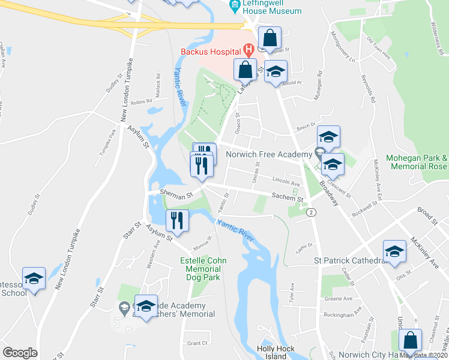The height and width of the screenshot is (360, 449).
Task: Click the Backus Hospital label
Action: pyautogui.click(x=210, y=53)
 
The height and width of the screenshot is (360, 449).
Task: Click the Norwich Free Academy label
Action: pyautogui.click(x=269, y=154)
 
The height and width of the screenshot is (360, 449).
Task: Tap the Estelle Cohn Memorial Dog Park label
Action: pyautogui.click(x=200, y=269)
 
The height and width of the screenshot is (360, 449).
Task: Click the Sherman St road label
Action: pyautogui.click(x=175, y=193)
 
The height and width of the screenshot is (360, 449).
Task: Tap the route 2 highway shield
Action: pyautogui.click(x=311, y=212)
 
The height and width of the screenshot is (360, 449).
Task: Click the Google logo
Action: pyautogui.click(x=20, y=352)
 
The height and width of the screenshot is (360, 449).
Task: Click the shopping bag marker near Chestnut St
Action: pyautogui.click(x=411, y=340)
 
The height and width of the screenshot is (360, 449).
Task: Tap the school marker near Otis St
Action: pyautogui.click(x=394, y=252)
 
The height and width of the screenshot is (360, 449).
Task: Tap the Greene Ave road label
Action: pyautogui.click(x=338, y=298)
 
